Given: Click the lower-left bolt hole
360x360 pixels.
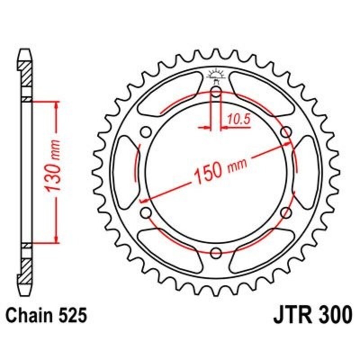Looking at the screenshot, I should tap(146, 212).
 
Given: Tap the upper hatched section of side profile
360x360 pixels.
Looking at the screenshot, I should tap(26, 72).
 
